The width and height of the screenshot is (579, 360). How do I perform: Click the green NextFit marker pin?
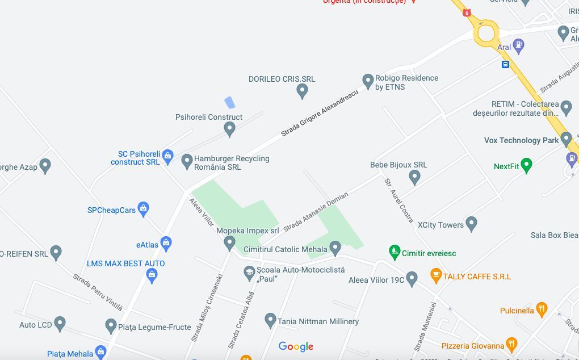click(526, 165)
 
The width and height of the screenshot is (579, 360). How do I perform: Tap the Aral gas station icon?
click(518, 44)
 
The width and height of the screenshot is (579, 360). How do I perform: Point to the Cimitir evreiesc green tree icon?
click(395, 252)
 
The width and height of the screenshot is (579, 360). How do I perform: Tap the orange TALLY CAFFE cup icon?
click(435, 276)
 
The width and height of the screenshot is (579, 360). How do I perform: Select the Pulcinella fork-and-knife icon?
click(542, 309)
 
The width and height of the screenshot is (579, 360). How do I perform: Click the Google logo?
click(295, 346)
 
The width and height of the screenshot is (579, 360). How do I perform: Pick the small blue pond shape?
click(229, 102)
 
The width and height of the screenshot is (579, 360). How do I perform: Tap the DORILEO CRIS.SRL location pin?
click(303, 90)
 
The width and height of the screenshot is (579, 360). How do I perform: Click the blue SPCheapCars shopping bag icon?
click(143, 209)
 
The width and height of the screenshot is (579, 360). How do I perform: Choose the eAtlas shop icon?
click(166, 244)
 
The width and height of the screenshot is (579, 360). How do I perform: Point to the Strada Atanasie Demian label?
click(316, 211)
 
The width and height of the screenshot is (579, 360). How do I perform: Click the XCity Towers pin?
click(471, 224)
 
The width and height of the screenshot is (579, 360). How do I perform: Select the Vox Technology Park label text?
click(521, 140)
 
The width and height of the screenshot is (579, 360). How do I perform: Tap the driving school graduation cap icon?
click(249, 273)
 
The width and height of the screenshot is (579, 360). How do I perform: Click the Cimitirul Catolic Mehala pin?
click(335, 248)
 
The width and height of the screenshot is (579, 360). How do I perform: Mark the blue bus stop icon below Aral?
click(505, 64)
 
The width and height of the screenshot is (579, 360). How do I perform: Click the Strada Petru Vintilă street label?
click(98, 292)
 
